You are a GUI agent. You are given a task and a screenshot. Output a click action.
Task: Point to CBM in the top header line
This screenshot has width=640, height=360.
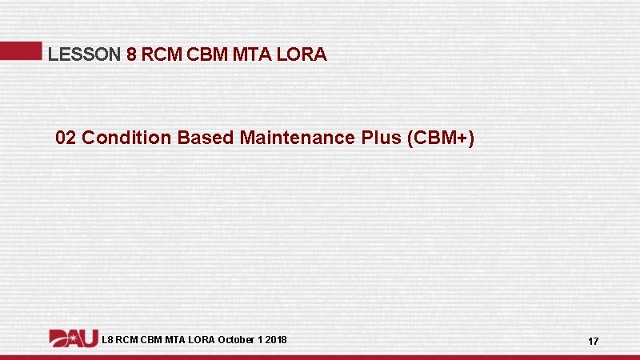[x=206, y=55]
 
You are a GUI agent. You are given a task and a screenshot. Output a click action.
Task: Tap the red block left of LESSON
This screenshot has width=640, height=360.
[x=21, y=50]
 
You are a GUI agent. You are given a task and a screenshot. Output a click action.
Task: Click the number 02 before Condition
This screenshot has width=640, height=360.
[x=66, y=138]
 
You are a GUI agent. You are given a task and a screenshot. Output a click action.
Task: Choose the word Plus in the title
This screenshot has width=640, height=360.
[x=384, y=138]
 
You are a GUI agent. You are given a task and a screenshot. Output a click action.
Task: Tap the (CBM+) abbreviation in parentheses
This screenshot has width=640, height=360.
[x=441, y=138]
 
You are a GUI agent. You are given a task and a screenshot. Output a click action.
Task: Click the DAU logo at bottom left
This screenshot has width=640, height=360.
[x=74, y=338]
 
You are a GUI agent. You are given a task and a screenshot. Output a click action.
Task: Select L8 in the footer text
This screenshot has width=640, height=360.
[x=108, y=340]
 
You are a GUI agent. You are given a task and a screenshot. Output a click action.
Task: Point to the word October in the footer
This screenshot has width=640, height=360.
[x=236, y=340]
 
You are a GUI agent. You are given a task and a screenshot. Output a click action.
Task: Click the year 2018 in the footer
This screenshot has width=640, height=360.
[x=275, y=340]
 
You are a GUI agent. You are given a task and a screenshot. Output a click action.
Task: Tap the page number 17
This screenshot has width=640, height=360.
[x=593, y=342]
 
